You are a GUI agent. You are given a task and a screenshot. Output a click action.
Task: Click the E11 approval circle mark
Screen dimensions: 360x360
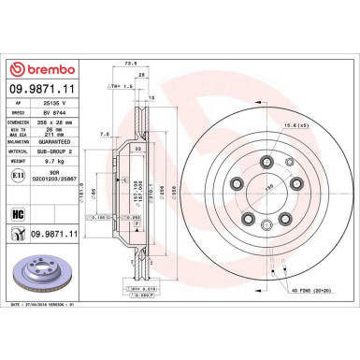click(x=16, y=175)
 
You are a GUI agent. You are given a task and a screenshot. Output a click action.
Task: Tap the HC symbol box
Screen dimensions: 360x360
click(x=17, y=212)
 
